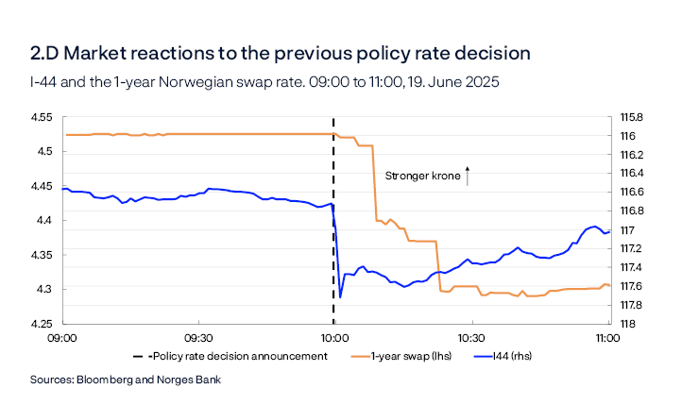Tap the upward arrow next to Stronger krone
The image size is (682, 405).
468,174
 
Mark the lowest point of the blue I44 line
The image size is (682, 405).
340,296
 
